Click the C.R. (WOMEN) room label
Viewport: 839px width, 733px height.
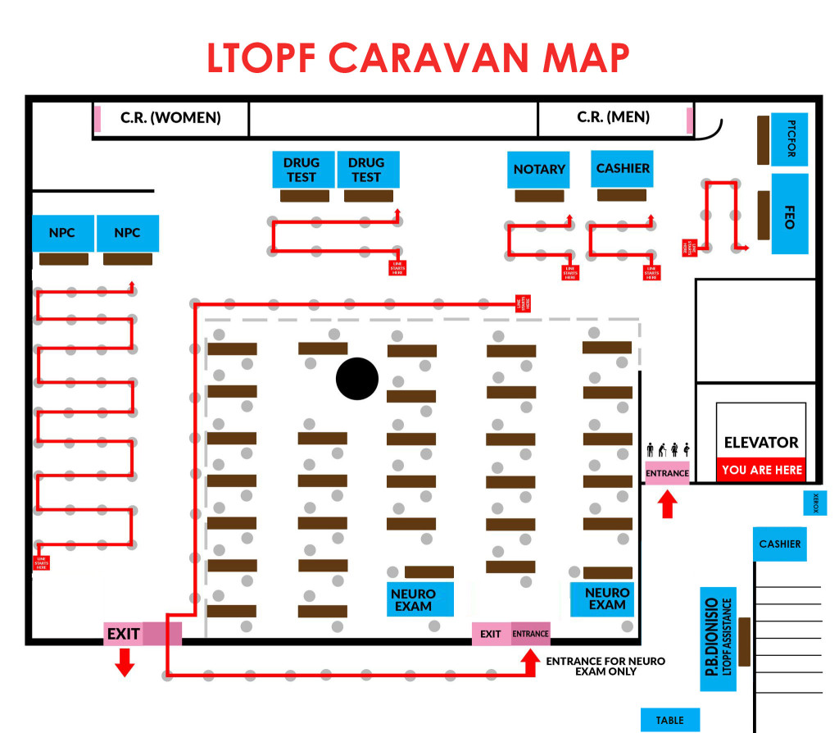pyautogui.click(x=170, y=117)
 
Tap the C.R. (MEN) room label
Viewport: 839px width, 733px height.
pyautogui.click(x=613, y=117)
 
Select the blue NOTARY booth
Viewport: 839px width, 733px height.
pyautogui.click(x=538, y=170)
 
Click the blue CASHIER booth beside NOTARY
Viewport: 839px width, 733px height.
pyautogui.click(x=623, y=168)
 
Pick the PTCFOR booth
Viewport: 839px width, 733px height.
pyautogui.click(x=790, y=140)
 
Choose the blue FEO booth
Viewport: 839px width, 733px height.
pyautogui.click(x=790, y=213)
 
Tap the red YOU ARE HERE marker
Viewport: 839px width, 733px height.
pyautogui.click(x=761, y=471)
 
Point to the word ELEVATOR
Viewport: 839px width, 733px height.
pyautogui.click(x=761, y=443)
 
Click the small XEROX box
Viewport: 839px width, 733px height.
pyautogui.click(x=815, y=503)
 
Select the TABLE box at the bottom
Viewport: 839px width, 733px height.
pyautogui.click(x=669, y=720)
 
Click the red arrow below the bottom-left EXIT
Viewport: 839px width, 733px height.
pyautogui.click(x=125, y=662)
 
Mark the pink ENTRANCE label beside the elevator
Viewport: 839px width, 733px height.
pyautogui.click(x=667, y=473)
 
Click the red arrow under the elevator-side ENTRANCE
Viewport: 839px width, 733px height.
pyautogui.click(x=667, y=503)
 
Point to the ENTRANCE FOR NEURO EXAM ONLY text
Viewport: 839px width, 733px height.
pyautogui.click(x=605, y=666)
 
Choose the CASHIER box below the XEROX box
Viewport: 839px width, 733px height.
pyautogui.click(x=779, y=544)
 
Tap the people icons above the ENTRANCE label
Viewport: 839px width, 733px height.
pyautogui.click(x=668, y=449)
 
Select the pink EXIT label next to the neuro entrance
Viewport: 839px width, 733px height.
pyautogui.click(x=491, y=634)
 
